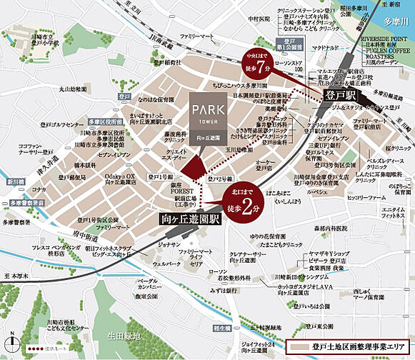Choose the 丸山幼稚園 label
tap(74, 89)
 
